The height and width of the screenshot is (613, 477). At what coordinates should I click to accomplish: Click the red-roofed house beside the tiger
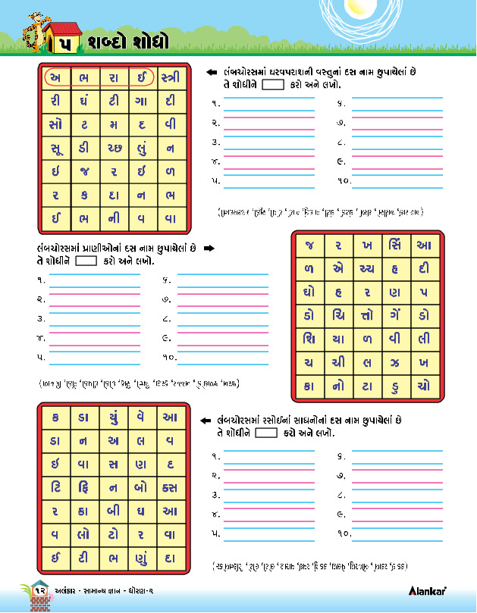tap(61, 36)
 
